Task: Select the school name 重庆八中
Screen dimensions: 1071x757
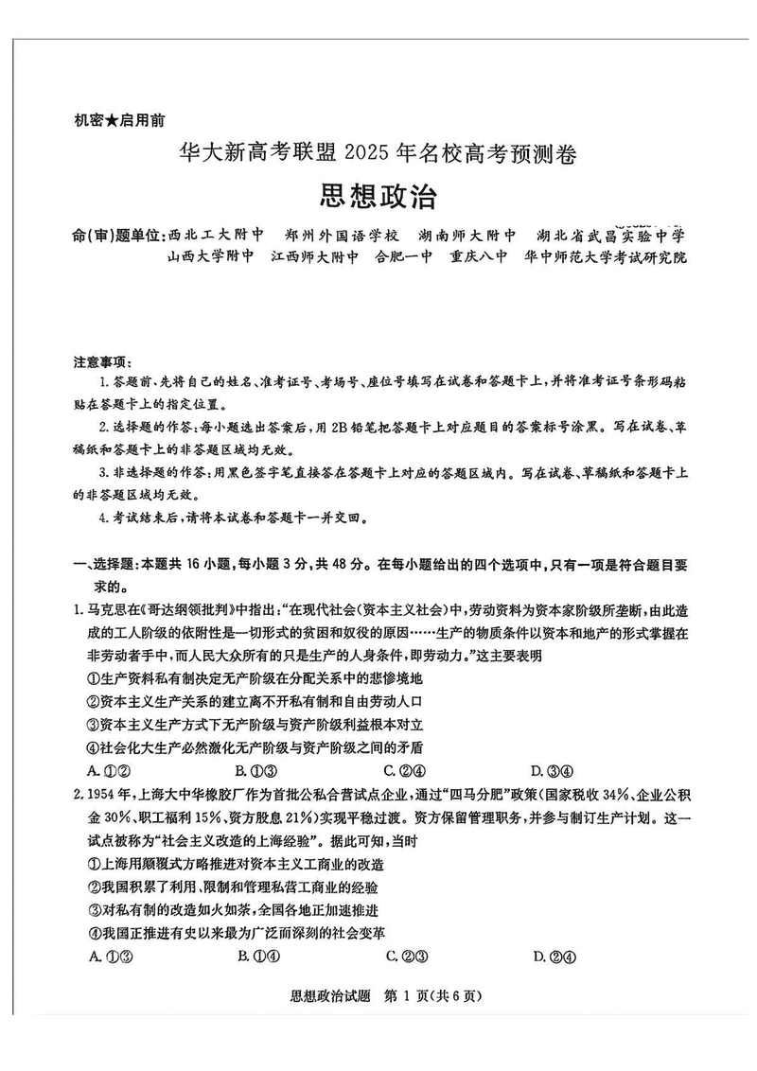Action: (479, 256)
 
